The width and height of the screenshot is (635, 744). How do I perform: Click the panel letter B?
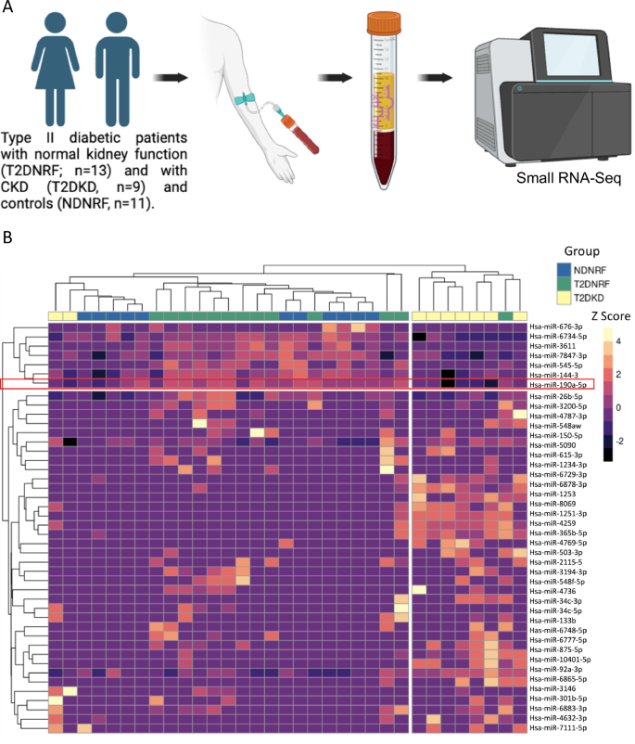coord(7,237)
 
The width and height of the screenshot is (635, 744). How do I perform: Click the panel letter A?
coord(7,8)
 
